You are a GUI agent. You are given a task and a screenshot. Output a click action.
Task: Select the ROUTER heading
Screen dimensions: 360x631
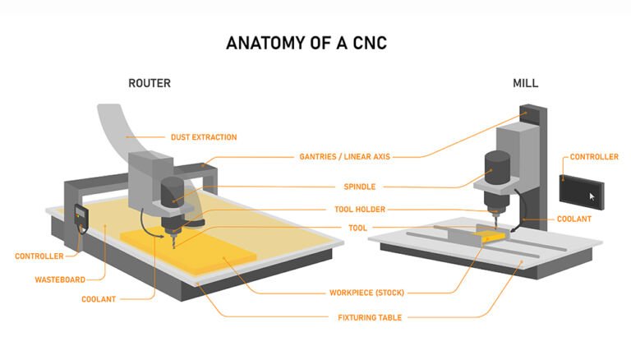[150, 84]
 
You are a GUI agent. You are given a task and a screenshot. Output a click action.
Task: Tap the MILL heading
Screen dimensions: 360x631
[525, 84]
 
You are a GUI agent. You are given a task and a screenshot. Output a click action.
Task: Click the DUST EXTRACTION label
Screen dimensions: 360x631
[203, 137]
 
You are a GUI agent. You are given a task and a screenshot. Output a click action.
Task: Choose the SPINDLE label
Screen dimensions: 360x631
[359, 187]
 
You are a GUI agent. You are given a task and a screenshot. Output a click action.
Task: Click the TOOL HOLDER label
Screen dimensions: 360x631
[359, 210]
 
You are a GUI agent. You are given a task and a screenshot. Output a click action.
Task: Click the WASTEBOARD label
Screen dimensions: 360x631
[60, 279]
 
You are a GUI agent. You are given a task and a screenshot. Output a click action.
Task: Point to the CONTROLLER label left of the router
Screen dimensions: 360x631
[39, 256]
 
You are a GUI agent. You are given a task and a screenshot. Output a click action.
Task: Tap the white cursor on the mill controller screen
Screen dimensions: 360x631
[592, 196]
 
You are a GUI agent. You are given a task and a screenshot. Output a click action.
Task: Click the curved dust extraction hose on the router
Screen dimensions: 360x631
[120, 132]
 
